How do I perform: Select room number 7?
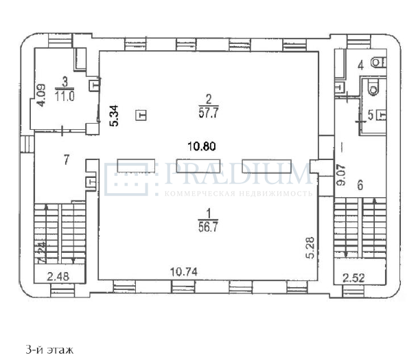pyautogui.click(x=66, y=160)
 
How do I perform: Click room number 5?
pyautogui.click(x=371, y=115)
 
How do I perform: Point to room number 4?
pyautogui.click(x=360, y=66)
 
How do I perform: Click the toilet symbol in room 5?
pyautogui.click(x=373, y=85)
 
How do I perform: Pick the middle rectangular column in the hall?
pyautogui.click(x=198, y=166)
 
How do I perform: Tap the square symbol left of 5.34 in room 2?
pyautogui.click(x=141, y=115)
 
